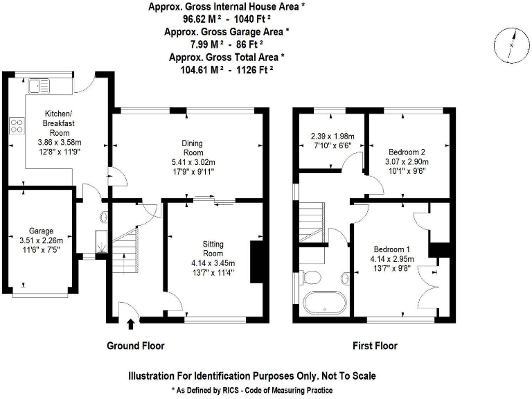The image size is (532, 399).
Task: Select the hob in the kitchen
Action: point(16,126)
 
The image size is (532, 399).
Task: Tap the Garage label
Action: point(40,231)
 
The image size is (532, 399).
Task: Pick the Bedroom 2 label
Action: point(407,152)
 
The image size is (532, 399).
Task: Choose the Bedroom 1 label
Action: point(392,249)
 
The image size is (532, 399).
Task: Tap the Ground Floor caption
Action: point(135,346)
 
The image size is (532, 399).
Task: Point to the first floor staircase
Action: point(312,220)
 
